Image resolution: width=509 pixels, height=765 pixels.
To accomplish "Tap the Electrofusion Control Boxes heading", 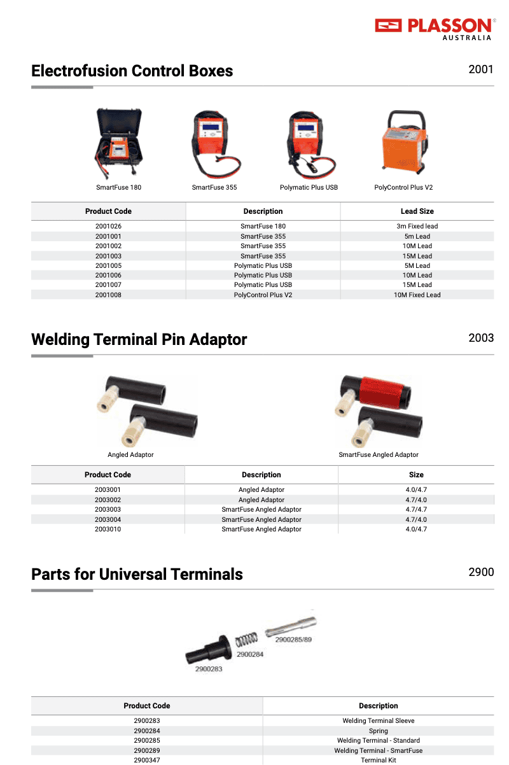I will click(132, 71).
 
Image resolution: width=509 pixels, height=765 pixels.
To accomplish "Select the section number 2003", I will click(480, 337).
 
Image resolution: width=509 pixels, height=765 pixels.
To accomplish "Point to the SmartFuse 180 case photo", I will click(118, 145).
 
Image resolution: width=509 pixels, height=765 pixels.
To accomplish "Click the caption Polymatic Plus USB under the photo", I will click(309, 188).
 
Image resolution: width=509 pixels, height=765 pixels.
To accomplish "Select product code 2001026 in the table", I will click(108, 227).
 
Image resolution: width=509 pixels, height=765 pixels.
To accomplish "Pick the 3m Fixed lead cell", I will click(417, 227).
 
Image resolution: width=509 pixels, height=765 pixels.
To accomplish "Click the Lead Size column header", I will click(417, 211).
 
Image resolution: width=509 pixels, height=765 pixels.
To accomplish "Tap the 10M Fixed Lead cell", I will click(417, 295).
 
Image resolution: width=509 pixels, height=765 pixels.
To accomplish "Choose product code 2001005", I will click(108, 266).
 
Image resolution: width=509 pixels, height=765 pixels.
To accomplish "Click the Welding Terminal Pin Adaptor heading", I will click(139, 339).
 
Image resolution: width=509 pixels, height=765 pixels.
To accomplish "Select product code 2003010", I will click(108, 530).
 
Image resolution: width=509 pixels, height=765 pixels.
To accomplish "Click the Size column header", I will click(416, 475).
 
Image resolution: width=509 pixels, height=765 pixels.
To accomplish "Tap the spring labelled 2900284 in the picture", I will click(247, 639).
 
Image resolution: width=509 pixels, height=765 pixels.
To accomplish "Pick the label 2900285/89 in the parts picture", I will click(293, 640).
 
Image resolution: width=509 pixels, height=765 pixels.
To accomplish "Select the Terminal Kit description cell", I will click(378, 761).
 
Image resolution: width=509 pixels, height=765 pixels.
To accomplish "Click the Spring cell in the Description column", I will click(378, 731).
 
